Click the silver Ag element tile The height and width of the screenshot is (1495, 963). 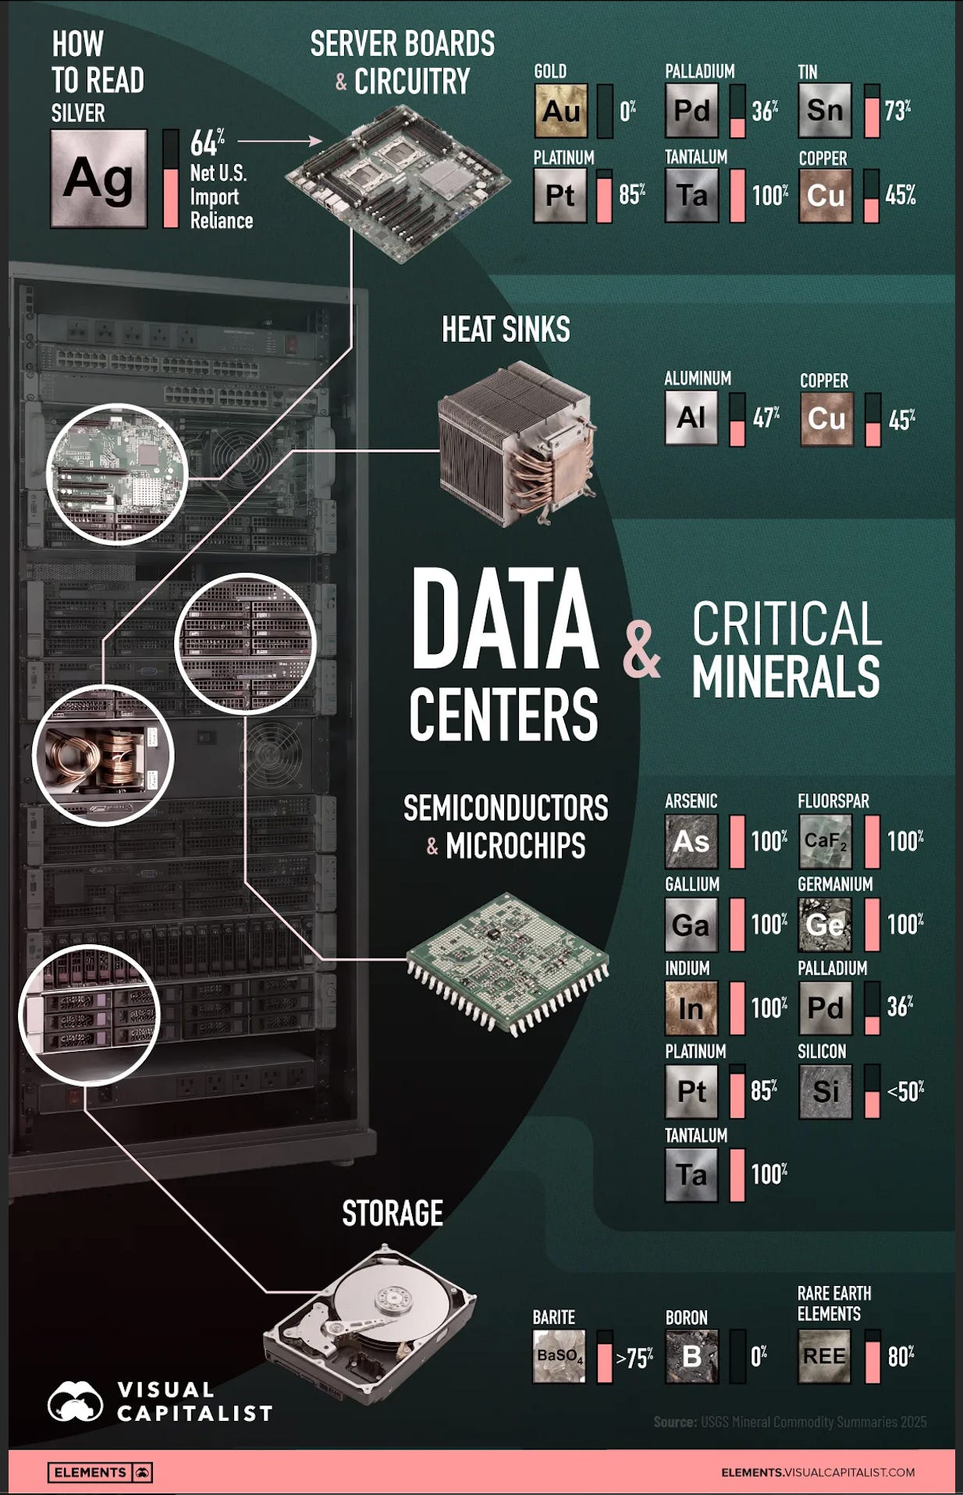pos(98,179)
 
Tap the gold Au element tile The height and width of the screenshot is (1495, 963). pos(560,111)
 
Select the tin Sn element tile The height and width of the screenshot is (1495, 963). pos(825,111)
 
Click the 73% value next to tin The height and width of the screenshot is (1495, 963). pos(897,111)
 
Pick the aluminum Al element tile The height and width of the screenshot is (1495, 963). pos(691,417)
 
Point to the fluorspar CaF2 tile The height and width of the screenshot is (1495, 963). pos(825,841)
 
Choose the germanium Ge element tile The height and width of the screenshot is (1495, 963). pos(825,925)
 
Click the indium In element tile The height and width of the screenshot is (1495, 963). pos(691,1008)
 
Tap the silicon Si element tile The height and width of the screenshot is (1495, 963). pos(825,1091)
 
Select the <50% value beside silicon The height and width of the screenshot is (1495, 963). pos(905,1091)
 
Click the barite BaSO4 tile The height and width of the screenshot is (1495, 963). pos(559,1356)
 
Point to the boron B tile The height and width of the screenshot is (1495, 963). pos(691,1356)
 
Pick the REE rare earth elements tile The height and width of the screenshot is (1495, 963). pos(824,1356)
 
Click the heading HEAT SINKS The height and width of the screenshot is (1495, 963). pos(506,329)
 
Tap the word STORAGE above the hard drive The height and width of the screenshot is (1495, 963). pos(393,1213)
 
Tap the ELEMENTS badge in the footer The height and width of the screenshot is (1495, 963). pos(100,1472)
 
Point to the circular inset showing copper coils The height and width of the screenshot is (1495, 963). pos(103,755)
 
